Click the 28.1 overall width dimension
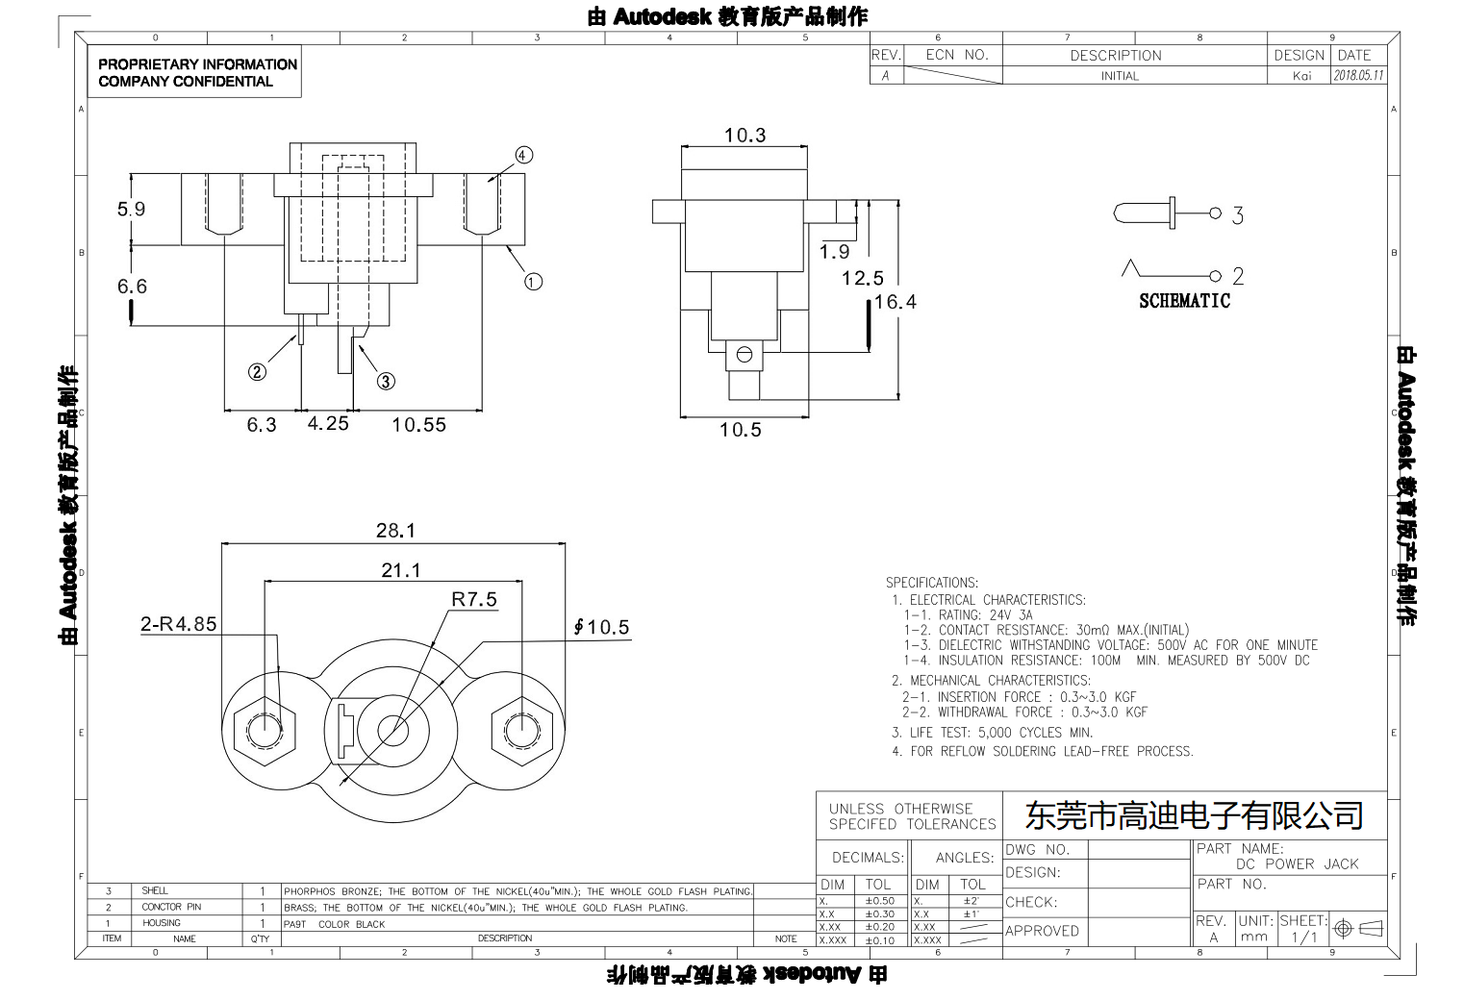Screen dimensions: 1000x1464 click(395, 531)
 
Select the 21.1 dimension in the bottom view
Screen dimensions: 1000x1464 click(400, 570)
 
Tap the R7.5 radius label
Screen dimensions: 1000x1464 click(474, 600)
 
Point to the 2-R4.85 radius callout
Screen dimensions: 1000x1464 click(179, 624)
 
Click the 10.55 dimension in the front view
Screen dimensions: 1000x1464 click(418, 425)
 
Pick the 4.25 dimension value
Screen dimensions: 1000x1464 click(328, 424)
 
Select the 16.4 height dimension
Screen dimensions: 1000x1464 click(895, 302)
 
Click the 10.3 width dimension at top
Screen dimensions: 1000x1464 click(745, 136)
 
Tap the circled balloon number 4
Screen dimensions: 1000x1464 click(523, 156)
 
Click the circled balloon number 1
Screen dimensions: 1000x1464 click(533, 282)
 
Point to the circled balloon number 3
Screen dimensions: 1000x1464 click(386, 381)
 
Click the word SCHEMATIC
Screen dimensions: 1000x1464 click(1184, 301)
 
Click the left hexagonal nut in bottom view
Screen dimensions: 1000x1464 click(261, 730)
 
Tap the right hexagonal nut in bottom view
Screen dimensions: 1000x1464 click(520, 730)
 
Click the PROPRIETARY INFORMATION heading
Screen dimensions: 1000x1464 click(197, 64)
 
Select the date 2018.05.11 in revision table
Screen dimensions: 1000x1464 click(1358, 76)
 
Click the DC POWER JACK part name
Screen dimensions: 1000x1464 click(1297, 864)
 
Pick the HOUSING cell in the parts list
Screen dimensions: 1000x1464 click(162, 923)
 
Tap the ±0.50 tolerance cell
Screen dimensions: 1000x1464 click(879, 901)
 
